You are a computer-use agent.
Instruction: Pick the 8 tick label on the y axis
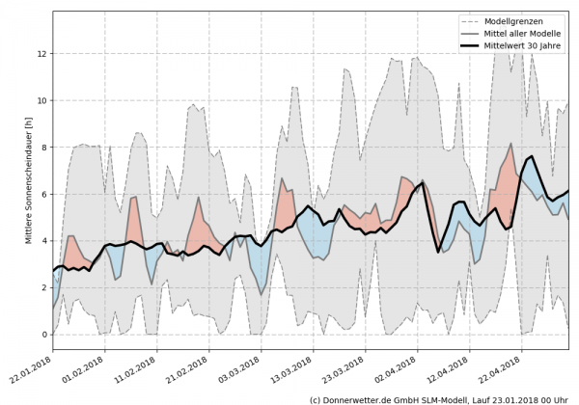point(42,147)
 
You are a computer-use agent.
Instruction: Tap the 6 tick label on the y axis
point(42,194)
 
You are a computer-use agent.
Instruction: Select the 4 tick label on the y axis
point(42,240)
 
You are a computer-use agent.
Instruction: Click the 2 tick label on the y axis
point(42,287)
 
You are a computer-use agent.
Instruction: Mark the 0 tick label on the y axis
point(42,335)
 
